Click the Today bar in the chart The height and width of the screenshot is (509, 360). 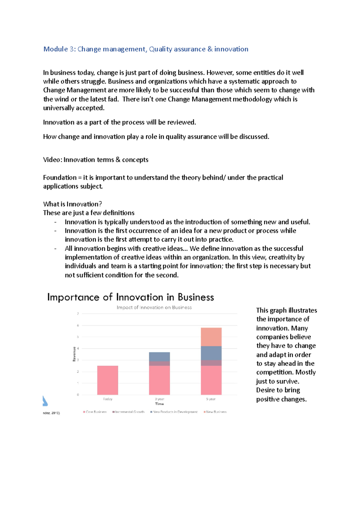tap(107, 380)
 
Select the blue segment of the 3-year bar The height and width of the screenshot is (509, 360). tap(159, 356)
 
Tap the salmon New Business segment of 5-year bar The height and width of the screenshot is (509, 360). tap(211, 337)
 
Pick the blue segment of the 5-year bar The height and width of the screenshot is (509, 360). tap(211, 353)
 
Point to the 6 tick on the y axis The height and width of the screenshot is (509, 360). tap(78, 325)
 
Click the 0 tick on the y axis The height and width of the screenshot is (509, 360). tap(78, 394)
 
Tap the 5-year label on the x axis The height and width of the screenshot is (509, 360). tap(211, 399)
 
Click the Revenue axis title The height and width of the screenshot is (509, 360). tap(74, 354)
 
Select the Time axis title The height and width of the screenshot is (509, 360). tap(159, 404)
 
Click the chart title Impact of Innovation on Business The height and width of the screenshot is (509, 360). tap(154, 307)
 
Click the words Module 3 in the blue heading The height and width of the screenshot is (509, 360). tap(59, 49)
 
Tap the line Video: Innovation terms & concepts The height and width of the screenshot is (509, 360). tap(96, 160)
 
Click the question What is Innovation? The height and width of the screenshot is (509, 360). tap(72, 204)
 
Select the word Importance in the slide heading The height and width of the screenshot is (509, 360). tap(73, 297)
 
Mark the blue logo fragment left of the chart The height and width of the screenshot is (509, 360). tap(45, 401)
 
